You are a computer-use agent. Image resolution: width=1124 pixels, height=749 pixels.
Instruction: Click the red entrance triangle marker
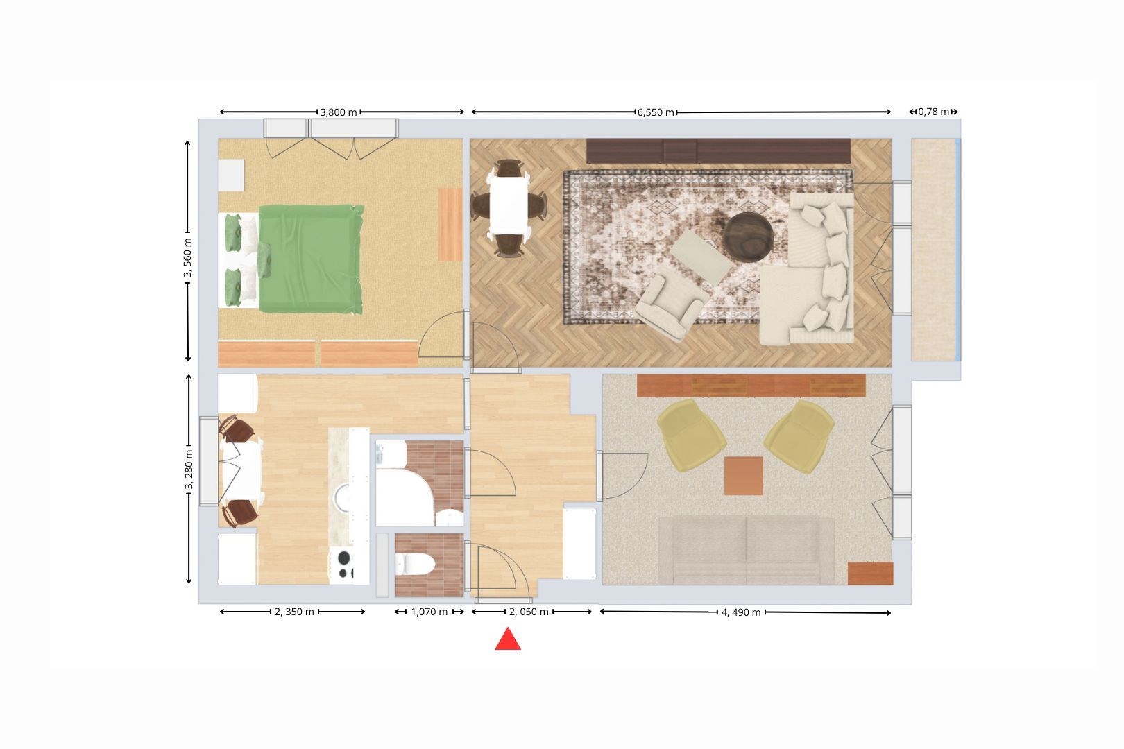tap(508, 640)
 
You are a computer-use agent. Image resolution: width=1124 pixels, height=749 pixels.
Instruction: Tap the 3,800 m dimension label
tap(339, 112)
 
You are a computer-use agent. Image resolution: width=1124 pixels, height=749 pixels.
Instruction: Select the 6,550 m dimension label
tap(656, 112)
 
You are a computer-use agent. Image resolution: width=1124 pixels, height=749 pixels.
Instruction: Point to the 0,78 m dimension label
tap(934, 112)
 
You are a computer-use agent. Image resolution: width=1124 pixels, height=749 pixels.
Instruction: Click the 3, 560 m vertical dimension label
tap(187, 258)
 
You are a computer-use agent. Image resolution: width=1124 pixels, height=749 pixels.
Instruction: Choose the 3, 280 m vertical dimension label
tap(189, 470)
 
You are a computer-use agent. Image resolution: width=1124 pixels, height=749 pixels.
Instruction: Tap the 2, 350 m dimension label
tap(295, 612)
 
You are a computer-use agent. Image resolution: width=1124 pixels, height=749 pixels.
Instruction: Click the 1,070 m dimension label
tap(429, 612)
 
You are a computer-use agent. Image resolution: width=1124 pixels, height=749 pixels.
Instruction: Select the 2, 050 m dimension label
tap(529, 612)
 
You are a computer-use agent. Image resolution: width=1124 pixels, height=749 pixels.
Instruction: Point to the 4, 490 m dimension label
tap(741, 612)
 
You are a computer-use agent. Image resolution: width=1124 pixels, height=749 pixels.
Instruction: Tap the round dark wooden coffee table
tap(748, 237)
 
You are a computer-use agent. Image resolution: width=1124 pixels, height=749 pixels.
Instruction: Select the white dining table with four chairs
tap(509, 208)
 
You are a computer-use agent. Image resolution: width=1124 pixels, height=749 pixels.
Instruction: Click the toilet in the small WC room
tap(414, 564)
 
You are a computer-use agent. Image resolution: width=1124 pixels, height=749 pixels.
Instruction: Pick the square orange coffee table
tap(744, 476)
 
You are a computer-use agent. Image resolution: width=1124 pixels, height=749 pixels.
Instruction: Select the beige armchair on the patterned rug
tap(672, 302)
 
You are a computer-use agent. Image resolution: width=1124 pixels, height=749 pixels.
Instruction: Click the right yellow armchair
tap(799, 436)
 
